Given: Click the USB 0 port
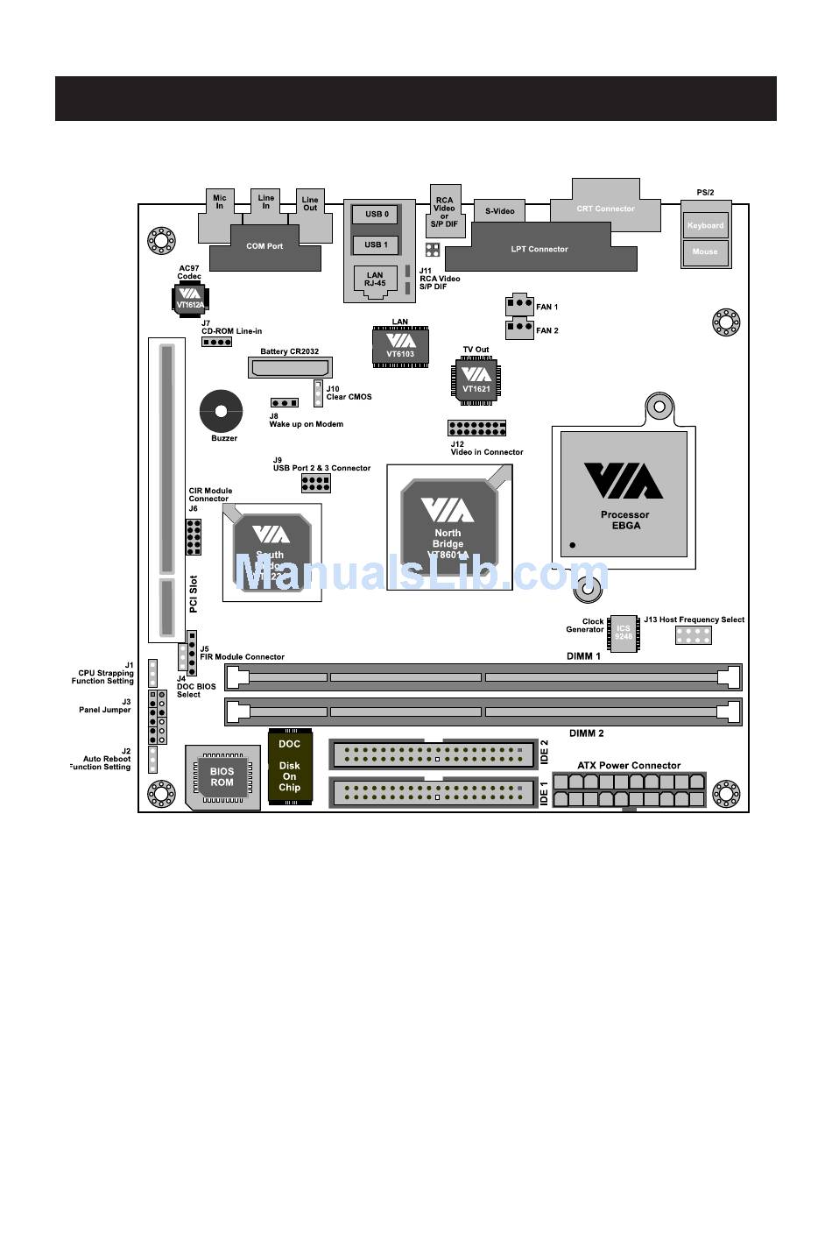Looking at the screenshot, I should [x=376, y=214].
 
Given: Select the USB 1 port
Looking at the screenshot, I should [x=376, y=244].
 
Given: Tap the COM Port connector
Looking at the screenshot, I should [x=264, y=246].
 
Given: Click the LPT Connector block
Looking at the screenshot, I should [x=539, y=249].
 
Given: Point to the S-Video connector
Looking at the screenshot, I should [x=499, y=211].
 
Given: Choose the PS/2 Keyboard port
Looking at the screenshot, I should [x=705, y=225].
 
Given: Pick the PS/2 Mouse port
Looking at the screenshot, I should [x=705, y=252].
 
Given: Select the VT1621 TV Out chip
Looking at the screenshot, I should [x=476, y=380].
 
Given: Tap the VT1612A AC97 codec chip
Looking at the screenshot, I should [x=189, y=298].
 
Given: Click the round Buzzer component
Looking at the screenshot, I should [x=221, y=411].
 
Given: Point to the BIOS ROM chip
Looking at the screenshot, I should [x=222, y=777].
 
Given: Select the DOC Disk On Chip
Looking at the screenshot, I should [x=290, y=766].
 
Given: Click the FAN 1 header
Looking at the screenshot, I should [x=519, y=304].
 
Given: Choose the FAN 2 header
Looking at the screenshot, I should [x=519, y=329].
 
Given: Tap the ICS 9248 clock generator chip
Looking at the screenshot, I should [x=623, y=632].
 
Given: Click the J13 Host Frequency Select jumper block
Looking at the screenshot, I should [x=693, y=635].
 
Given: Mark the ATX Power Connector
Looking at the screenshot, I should [x=629, y=789].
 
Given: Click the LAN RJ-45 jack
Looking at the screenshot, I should [x=375, y=281].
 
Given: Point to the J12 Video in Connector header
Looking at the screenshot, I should [x=476, y=428].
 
